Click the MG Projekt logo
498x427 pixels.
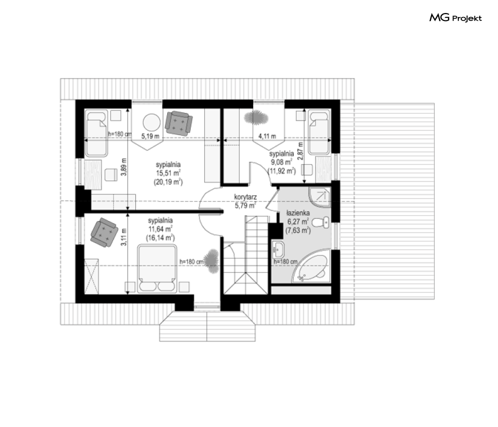(455, 18)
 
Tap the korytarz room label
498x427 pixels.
(246, 197)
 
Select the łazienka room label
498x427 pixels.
(298, 213)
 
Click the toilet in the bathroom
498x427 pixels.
(321, 222)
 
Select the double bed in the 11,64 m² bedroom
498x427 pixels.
(157, 268)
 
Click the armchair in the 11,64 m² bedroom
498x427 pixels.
(104, 232)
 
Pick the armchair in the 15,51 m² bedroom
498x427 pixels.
(179, 123)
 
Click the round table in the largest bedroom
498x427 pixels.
(152, 122)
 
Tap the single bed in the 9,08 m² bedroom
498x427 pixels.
(319, 132)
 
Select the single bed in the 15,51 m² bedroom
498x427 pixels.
(96, 133)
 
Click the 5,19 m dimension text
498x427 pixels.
(150, 136)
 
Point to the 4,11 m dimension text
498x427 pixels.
(267, 136)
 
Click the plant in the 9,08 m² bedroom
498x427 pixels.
(256, 117)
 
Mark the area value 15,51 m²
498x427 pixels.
(168, 173)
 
